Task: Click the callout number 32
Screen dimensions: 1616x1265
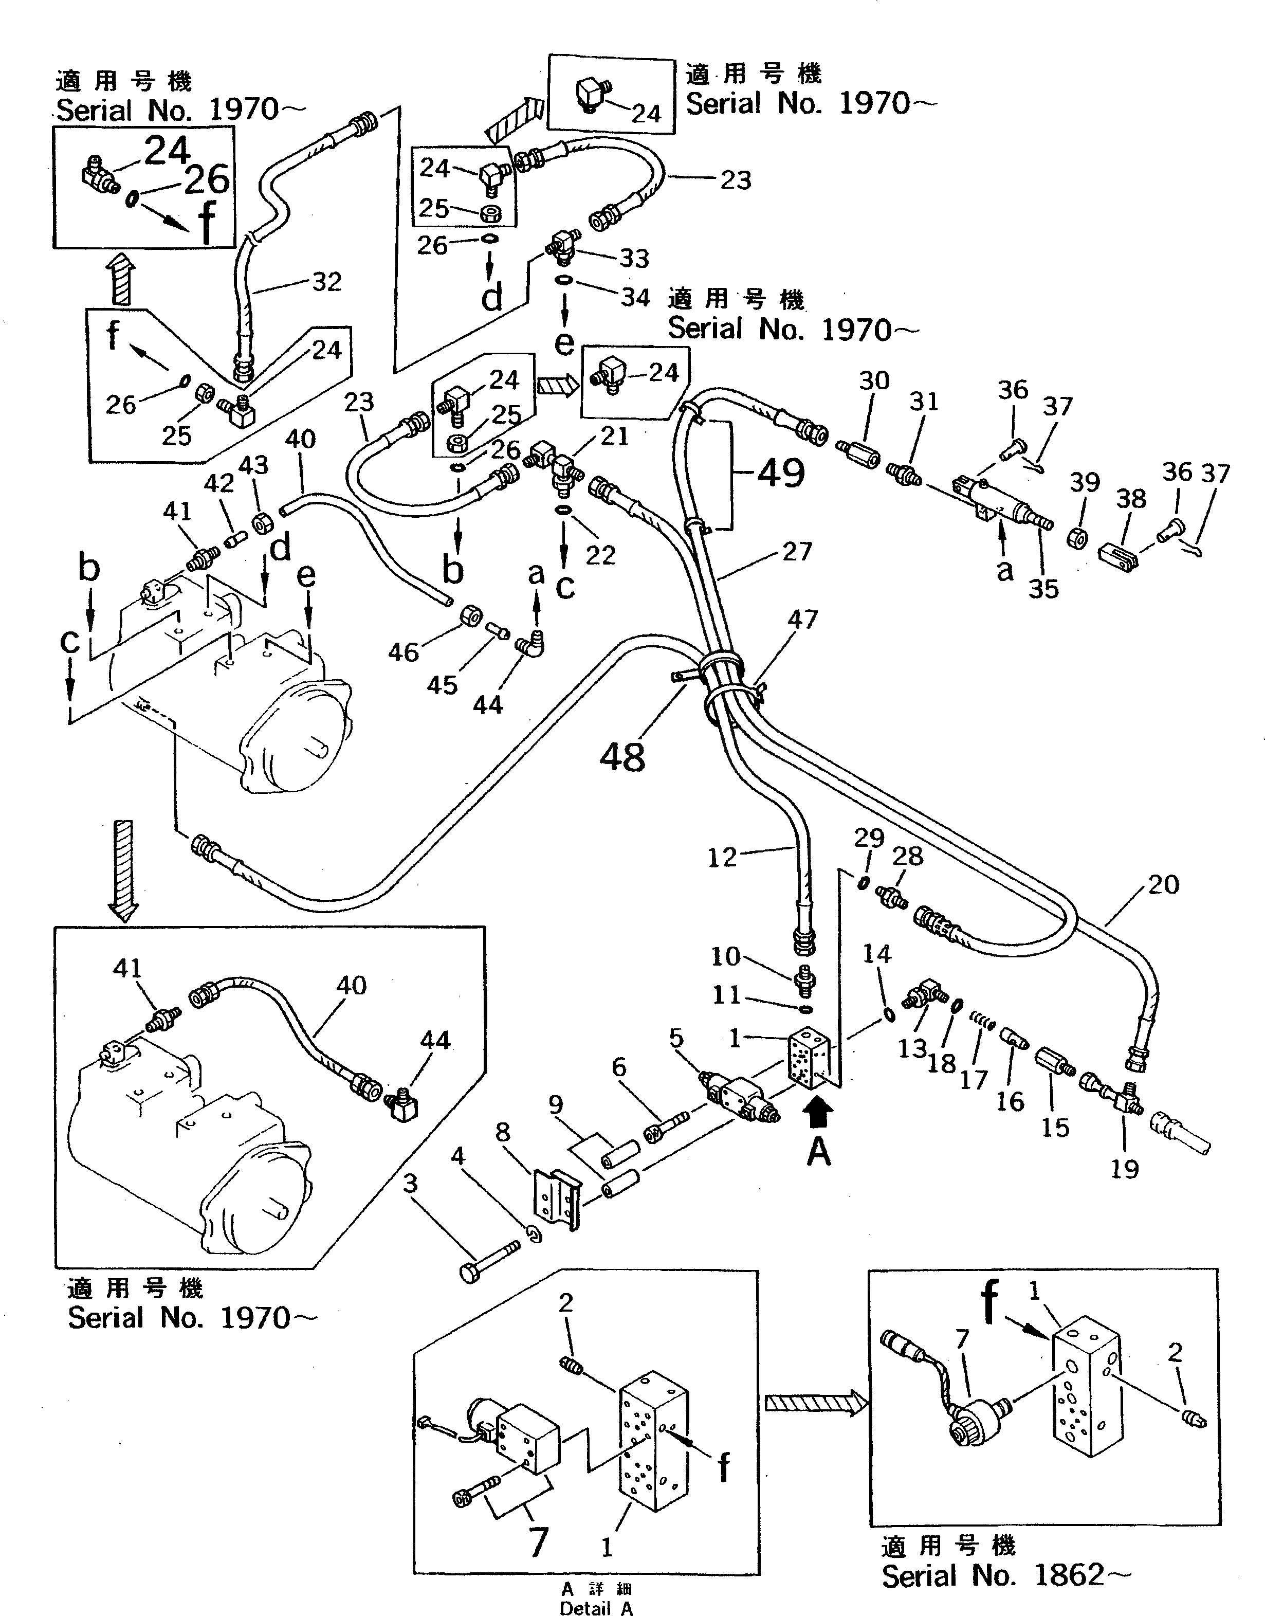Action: coord(326,282)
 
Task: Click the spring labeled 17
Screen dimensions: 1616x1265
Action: coord(981,1025)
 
